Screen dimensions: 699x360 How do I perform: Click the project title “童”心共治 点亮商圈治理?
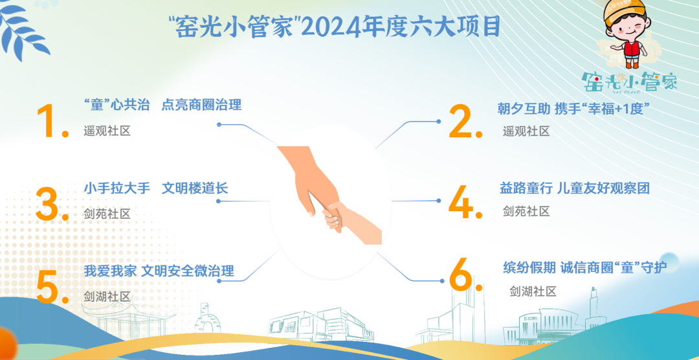point(162,106)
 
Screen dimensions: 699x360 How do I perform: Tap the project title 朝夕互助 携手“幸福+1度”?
point(572,109)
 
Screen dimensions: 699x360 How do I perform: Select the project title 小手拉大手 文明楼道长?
point(156,188)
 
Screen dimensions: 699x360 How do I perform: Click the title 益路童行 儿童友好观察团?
point(575,188)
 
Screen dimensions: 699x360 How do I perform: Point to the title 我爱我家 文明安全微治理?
point(159,271)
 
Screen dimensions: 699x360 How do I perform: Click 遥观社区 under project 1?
point(107,131)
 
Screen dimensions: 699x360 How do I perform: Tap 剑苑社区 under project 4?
point(526,210)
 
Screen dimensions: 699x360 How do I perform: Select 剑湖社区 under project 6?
point(533,291)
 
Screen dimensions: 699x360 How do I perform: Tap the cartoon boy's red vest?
point(632,51)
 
